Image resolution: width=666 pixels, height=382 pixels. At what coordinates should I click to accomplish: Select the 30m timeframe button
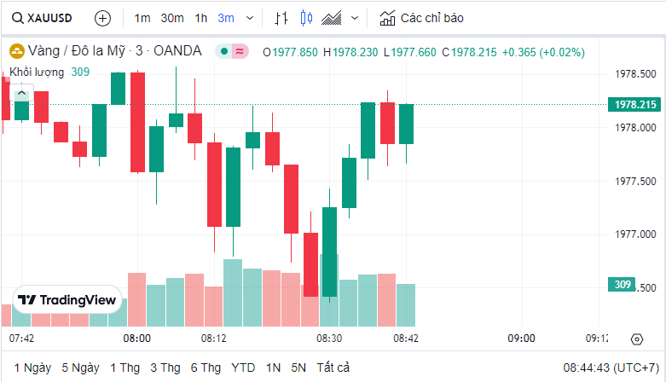point(172,18)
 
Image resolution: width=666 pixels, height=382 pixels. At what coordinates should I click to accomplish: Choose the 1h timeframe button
point(201,18)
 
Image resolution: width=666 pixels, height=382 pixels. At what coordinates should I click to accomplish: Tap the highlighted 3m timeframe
point(226,18)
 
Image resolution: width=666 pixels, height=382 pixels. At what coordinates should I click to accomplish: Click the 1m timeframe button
point(142,18)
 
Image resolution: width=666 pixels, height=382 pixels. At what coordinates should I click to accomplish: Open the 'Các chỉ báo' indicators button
point(423,18)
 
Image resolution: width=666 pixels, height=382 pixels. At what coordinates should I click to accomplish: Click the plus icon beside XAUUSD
point(102,18)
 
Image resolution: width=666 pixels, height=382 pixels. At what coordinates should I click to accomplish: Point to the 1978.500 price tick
point(635,74)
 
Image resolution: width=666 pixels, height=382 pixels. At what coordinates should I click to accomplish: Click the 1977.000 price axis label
point(635,234)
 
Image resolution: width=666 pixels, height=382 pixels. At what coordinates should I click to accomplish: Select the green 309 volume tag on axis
point(623,285)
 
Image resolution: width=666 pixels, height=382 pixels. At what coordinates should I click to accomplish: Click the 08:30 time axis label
point(329,339)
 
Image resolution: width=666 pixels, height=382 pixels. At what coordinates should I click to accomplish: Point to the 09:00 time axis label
point(522,339)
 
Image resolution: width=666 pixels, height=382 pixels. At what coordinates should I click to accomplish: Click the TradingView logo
point(67,300)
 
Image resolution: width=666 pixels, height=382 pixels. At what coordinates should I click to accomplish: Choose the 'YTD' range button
point(243,368)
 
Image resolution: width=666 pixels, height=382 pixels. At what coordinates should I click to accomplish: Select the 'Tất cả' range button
point(333,368)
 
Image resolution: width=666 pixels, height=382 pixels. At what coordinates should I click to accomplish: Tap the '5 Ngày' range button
point(80,368)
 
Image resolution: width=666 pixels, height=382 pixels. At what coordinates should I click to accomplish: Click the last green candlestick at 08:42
point(406,124)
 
